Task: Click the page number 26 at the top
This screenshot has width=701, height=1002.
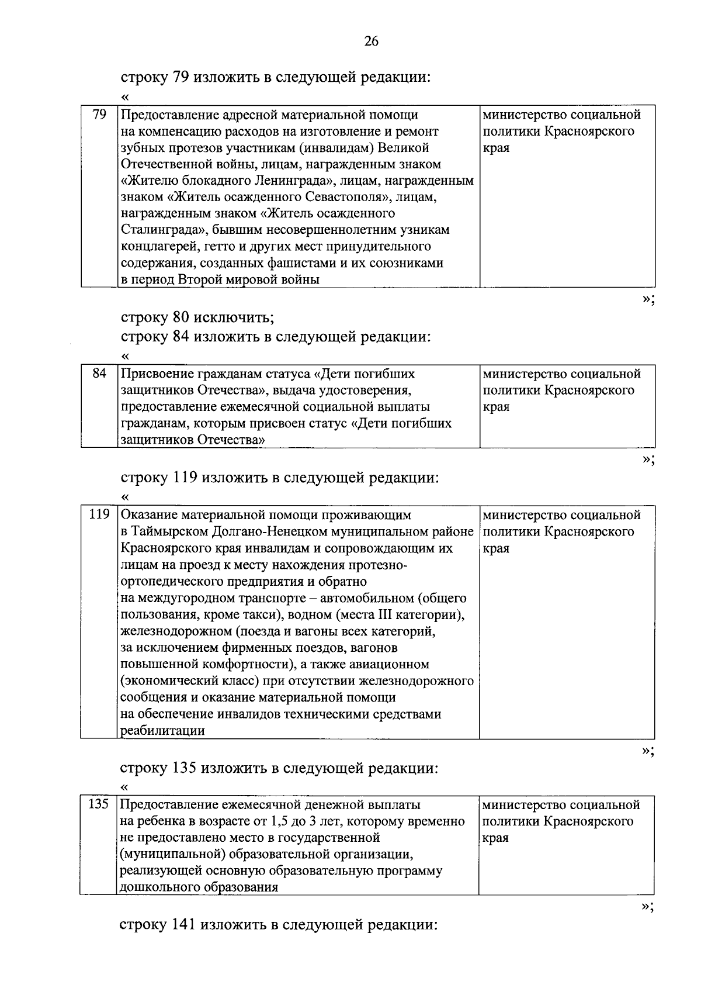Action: coord(371,41)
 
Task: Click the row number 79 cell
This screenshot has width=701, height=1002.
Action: coord(99,115)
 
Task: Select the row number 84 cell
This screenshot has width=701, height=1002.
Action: coord(99,374)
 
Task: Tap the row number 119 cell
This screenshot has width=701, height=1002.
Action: coord(99,515)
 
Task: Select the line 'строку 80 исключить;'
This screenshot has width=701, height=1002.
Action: coord(197,318)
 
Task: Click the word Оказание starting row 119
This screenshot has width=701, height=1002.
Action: coord(148,515)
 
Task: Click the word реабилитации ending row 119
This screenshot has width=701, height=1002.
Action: coord(162,731)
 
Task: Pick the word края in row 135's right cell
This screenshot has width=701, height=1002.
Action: coord(496,838)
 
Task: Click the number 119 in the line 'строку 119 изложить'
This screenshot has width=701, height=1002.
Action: coord(186,478)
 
